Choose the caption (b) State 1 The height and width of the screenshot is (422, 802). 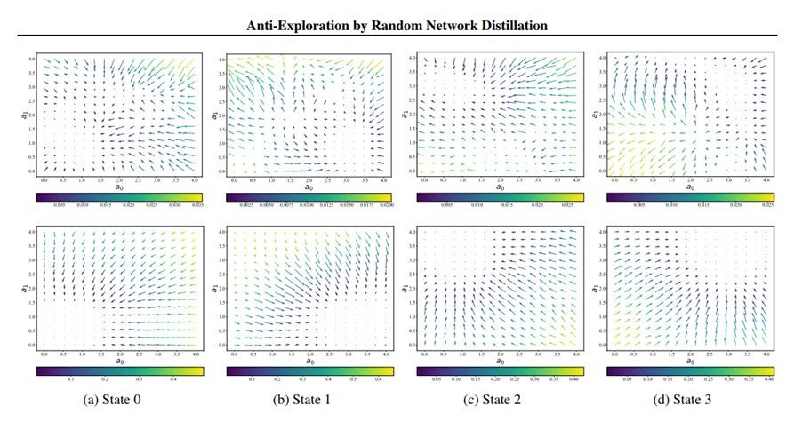(305, 399)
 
